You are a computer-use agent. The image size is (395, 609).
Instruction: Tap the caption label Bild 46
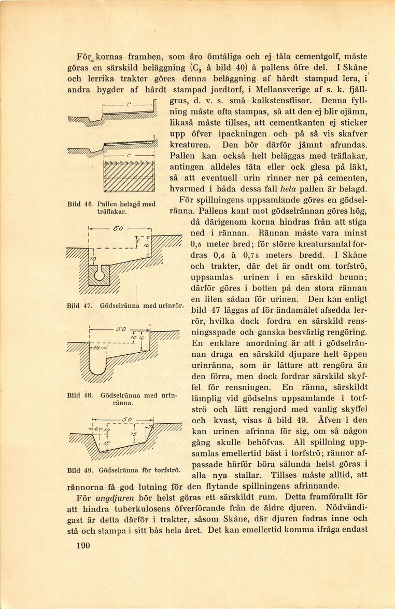pos(80,204)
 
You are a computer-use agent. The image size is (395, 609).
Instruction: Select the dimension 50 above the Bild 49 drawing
pos(128,419)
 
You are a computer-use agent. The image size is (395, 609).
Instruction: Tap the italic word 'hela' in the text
pos(288,189)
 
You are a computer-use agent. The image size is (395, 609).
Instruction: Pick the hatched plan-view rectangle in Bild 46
pos(129,177)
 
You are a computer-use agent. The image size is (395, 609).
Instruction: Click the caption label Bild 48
pos(80,395)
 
